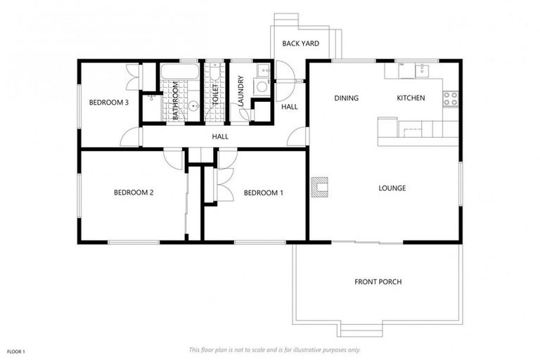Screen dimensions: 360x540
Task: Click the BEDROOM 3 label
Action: (x=108, y=103)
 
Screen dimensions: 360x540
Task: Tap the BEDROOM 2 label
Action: (x=134, y=192)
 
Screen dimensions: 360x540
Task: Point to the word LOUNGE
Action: (x=392, y=188)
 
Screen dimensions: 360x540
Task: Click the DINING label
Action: (x=346, y=98)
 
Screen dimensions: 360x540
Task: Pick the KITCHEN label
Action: (x=411, y=98)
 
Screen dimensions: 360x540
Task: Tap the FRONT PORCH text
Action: (x=378, y=282)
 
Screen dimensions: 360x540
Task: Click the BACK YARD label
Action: (x=301, y=44)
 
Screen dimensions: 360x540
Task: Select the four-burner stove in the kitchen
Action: (x=450, y=98)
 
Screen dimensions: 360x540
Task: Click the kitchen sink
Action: (x=420, y=70)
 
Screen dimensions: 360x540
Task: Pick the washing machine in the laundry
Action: (x=260, y=86)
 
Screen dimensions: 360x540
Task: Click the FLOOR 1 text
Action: (x=16, y=351)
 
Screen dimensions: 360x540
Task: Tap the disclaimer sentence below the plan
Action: (x=274, y=349)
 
